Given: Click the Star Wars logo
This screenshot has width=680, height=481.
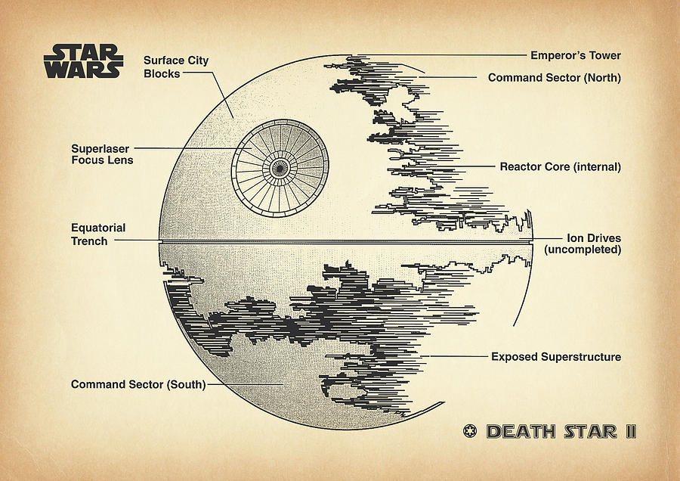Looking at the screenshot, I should pos(83,61).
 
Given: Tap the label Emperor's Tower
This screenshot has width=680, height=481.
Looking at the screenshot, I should pos(576,55).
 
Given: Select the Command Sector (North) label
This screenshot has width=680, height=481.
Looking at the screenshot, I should pos(554,77).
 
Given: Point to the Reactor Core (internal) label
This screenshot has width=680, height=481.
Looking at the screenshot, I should pos(560,166).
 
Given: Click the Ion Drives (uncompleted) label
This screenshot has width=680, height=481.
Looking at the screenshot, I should pos(583,244).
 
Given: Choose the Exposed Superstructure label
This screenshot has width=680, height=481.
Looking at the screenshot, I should pos(555,356).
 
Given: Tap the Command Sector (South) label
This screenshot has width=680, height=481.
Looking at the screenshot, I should pos(138,384).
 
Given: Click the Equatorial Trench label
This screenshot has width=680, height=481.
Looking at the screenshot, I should pos(98,234).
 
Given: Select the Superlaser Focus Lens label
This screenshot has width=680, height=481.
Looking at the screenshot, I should pos(102,154).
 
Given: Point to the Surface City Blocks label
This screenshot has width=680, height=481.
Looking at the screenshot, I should pos(176,67).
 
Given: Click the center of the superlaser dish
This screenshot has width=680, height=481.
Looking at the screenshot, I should pos(280,166).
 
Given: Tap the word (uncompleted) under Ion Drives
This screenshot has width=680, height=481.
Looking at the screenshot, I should pos(583,250).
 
